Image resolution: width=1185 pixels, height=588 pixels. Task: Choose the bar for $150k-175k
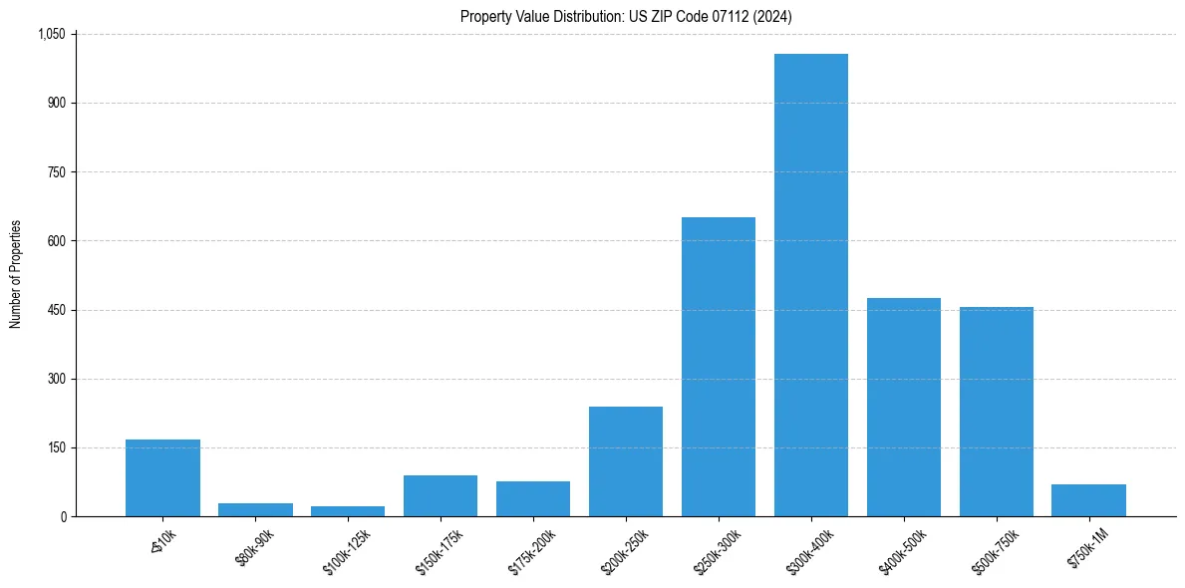point(440,496)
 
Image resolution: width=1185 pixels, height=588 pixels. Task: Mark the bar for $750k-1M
point(1088,500)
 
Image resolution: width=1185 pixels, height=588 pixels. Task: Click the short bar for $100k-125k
point(347,511)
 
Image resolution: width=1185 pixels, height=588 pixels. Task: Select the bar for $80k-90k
point(255,510)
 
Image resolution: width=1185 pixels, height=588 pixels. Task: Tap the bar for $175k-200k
point(532,499)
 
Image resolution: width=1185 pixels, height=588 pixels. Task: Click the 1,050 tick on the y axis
point(51,34)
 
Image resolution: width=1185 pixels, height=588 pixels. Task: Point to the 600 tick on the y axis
point(57,241)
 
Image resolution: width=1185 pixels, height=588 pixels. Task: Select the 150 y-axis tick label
point(57,447)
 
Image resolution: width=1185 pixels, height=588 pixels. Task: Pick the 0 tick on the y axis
point(63,516)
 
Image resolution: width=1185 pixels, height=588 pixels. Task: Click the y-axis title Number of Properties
point(15,275)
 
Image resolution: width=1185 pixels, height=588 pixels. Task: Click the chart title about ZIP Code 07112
point(626,16)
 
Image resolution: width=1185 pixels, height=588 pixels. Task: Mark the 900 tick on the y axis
point(57,103)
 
